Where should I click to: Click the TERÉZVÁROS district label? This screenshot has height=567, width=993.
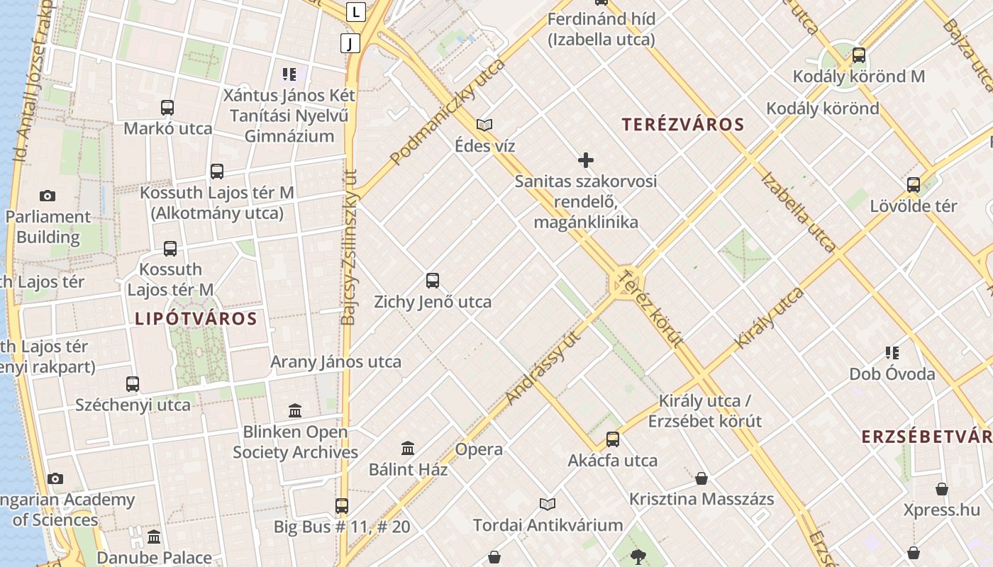pos(683,125)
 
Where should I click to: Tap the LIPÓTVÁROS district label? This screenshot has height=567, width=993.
pos(196,318)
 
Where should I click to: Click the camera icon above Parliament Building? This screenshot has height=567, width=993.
pos(48,196)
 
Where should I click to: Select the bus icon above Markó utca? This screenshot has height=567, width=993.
pos(167,108)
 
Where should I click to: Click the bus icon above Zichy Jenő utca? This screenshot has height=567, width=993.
pos(433,281)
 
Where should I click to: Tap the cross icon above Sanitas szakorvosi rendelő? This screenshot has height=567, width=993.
pos(586,160)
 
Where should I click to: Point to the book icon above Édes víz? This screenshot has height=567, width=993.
pos(484,125)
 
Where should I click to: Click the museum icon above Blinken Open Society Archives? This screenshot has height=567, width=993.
pos(295,411)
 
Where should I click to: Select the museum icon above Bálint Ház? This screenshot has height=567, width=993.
pos(408,449)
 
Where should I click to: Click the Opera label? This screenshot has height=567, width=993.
pos(479,449)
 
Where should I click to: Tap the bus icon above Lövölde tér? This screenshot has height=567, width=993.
pos(914,185)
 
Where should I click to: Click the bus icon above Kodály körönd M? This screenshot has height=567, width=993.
pos(859,55)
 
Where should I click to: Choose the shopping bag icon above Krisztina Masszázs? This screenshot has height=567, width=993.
pos(701,478)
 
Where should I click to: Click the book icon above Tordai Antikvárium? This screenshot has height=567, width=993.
pos(548,505)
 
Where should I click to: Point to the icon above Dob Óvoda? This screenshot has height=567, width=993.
pos(892,353)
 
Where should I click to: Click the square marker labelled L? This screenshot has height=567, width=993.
pos(356,11)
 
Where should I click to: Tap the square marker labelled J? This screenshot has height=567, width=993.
pos(350,43)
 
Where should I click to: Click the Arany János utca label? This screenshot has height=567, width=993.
pos(335,361)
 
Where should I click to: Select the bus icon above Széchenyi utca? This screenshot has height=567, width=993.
pos(133,384)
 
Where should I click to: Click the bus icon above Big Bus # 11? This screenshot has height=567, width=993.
pos(342,506)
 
